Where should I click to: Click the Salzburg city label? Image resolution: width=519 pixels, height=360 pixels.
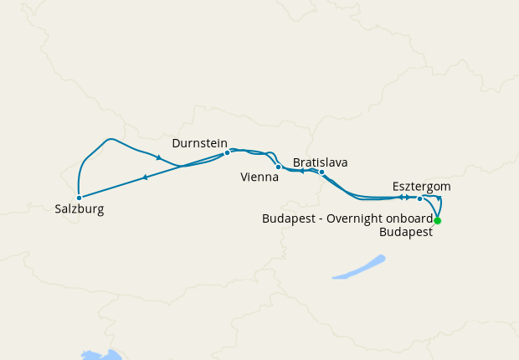[x=80, y=209]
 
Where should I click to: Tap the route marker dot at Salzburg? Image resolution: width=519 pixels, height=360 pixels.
[x=79, y=198]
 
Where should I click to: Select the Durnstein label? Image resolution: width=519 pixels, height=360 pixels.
[x=200, y=143]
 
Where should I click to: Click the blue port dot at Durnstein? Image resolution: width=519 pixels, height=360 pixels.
[x=227, y=153]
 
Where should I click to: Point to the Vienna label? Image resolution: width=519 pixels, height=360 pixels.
[x=259, y=177]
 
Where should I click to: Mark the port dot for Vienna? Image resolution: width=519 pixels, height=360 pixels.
[x=278, y=167]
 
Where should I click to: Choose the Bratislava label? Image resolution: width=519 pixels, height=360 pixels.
[x=321, y=162]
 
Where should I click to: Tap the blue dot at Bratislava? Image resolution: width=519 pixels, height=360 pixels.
[x=321, y=172]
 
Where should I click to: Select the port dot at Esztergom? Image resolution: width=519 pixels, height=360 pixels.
[x=419, y=198]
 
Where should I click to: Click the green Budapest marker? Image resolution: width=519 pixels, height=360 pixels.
[x=437, y=221]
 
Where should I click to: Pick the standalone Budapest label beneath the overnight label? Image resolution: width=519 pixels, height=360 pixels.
[x=406, y=233]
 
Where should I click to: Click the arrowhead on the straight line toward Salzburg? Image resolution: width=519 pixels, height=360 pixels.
[x=145, y=177]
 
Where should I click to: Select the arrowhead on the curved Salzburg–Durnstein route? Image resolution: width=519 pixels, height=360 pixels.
[x=158, y=157]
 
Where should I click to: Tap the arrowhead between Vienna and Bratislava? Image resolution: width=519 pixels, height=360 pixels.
[x=301, y=171]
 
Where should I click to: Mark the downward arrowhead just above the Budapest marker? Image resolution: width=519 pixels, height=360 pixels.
[x=439, y=198]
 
